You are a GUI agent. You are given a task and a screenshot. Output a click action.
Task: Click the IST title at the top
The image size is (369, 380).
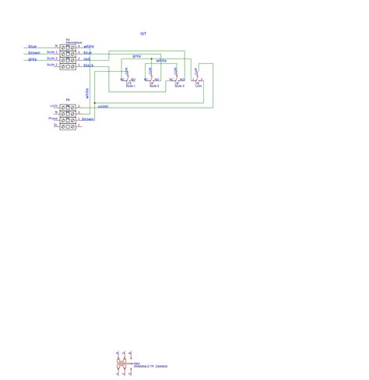(x=143, y=34)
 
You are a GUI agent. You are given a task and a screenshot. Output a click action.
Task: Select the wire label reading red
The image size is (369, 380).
(x=86, y=59)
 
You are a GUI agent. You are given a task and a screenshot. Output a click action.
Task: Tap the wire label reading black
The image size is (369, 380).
(x=88, y=66)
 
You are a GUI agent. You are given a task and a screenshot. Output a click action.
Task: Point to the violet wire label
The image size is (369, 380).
(x=103, y=106)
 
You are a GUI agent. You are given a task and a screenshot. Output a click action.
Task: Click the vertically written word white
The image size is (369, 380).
(x=87, y=92)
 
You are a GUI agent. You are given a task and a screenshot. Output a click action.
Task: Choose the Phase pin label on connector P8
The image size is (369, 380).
(x=53, y=119)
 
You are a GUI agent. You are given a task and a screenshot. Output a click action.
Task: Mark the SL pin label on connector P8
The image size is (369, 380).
(x=55, y=125)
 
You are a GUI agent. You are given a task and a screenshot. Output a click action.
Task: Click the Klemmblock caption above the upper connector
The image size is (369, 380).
(x=69, y=42)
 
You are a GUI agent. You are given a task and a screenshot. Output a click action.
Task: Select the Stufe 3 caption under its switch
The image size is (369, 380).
(x=179, y=85)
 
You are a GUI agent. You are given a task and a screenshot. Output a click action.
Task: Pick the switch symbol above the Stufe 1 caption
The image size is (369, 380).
(x=128, y=76)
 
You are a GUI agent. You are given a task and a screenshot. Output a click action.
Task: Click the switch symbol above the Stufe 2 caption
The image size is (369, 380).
(x=153, y=76)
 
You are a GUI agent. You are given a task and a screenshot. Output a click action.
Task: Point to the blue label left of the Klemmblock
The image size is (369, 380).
(x=33, y=47)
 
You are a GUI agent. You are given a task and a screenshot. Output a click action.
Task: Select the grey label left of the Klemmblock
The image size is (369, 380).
(x=33, y=59)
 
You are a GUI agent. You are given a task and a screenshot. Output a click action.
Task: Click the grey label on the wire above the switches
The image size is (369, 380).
(x=136, y=56)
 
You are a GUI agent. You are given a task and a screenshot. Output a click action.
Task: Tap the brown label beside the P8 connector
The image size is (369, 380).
(x=88, y=119)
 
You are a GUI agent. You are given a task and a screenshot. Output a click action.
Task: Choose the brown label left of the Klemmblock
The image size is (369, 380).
(x=33, y=53)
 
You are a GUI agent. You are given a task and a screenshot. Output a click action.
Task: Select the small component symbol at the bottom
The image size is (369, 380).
(x=121, y=364)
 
